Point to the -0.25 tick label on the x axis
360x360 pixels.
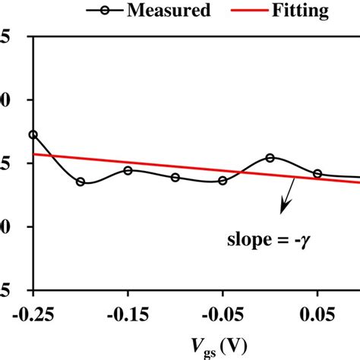33,313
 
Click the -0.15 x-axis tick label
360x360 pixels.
128,313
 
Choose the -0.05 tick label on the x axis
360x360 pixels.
223,313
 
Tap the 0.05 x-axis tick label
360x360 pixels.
317,313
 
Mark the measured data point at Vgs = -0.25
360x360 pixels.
33,134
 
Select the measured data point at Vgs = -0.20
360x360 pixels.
81,182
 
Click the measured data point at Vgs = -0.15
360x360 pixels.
128,170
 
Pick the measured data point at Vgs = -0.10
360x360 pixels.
175,178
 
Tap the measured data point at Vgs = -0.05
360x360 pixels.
223,181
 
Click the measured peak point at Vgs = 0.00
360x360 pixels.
270,158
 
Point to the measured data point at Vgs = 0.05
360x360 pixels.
317,174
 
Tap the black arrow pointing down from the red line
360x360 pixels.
289,197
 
